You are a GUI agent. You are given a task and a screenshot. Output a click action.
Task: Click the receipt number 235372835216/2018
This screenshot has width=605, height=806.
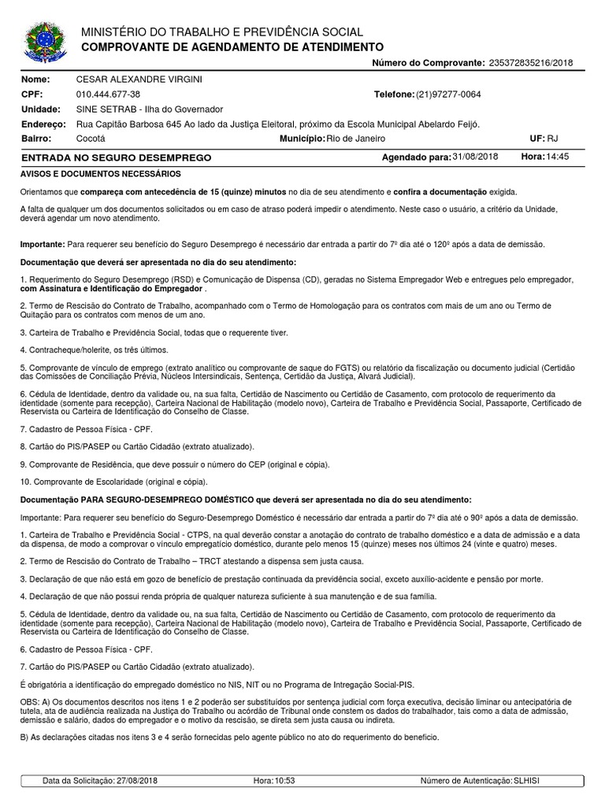pyautogui.click(x=531, y=62)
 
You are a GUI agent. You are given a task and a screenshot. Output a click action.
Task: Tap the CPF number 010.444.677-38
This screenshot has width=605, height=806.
pyautogui.click(x=108, y=94)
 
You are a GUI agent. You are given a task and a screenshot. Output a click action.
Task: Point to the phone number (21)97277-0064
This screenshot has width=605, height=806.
pyautogui.click(x=448, y=94)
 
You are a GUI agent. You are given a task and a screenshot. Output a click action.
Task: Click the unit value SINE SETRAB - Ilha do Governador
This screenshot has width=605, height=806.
pyautogui.click(x=149, y=109)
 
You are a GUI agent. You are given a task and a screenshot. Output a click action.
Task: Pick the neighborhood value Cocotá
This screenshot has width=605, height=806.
pyautogui.click(x=91, y=139)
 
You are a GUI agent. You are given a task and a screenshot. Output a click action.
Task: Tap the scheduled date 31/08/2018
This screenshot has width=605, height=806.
pyautogui.click(x=476, y=157)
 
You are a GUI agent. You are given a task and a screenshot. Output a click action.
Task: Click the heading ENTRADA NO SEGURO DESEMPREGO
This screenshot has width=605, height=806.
pyautogui.click(x=117, y=158)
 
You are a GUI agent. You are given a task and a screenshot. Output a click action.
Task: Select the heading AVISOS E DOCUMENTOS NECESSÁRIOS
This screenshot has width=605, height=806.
pyautogui.click(x=101, y=174)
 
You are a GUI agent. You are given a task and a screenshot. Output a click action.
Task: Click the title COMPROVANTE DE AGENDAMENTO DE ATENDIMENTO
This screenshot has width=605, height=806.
pyautogui.click(x=232, y=47)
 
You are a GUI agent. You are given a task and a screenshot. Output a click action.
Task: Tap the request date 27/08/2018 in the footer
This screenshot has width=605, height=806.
pyautogui.click(x=137, y=781)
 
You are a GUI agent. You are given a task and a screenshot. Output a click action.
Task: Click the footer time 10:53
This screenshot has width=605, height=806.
pyautogui.click(x=284, y=781)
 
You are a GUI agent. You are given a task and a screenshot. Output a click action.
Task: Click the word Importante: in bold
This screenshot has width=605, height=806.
pyautogui.click(x=42, y=245)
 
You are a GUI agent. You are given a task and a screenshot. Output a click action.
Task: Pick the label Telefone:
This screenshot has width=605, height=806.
pyautogui.click(x=394, y=94)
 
